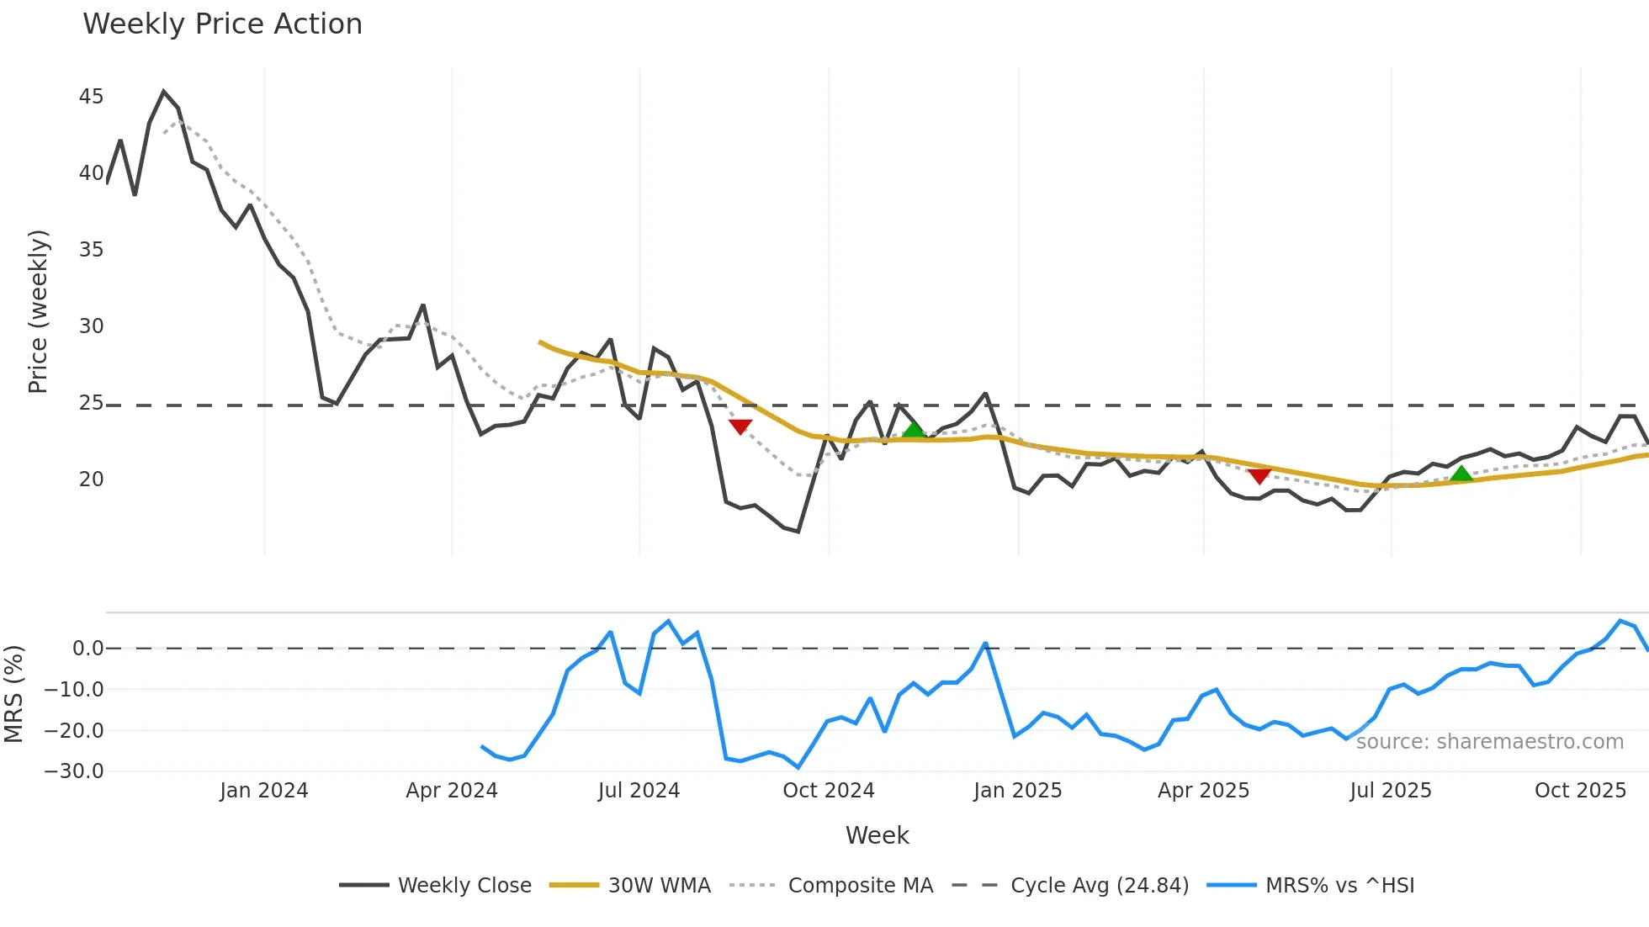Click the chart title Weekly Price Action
pyautogui.click(x=222, y=24)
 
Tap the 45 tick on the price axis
pyautogui.click(x=91, y=97)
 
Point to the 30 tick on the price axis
pyautogui.click(x=91, y=326)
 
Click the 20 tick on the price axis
pyautogui.click(x=91, y=479)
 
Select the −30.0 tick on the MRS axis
pyautogui.click(x=73, y=771)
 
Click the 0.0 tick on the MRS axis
pyautogui.click(x=87, y=649)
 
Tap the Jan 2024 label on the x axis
pyautogui.click(x=263, y=791)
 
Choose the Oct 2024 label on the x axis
pyautogui.click(x=828, y=791)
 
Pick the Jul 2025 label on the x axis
pyautogui.click(x=1390, y=791)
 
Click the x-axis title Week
pyautogui.click(x=877, y=835)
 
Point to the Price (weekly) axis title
pyautogui.click(x=39, y=311)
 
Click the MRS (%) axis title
pyautogui.click(x=13, y=694)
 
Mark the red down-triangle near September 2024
pyautogui.click(x=740, y=426)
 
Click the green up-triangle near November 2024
pyautogui.click(x=914, y=431)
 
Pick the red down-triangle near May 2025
pyautogui.click(x=1259, y=476)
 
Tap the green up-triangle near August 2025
pyautogui.click(x=1461, y=474)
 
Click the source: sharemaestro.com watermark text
pyautogui.click(x=1489, y=742)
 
